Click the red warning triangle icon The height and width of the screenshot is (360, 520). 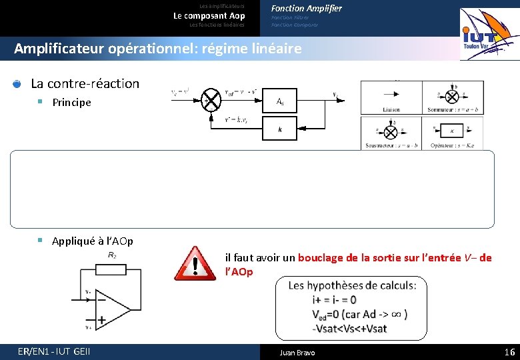196,263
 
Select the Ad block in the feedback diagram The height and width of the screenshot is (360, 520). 280,101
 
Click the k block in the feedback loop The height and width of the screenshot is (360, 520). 280,129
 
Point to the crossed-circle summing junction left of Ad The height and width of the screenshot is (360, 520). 212,100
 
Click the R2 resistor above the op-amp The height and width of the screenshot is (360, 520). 112,269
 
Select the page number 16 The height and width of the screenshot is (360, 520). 509,352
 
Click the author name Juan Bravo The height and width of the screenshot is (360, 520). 297,353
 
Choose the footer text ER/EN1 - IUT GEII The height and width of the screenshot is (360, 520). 55,352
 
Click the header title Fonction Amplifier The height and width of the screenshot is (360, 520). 306,8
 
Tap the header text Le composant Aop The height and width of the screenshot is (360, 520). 209,15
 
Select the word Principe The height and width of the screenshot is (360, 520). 72,103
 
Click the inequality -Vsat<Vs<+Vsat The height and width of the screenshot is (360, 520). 349,328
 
